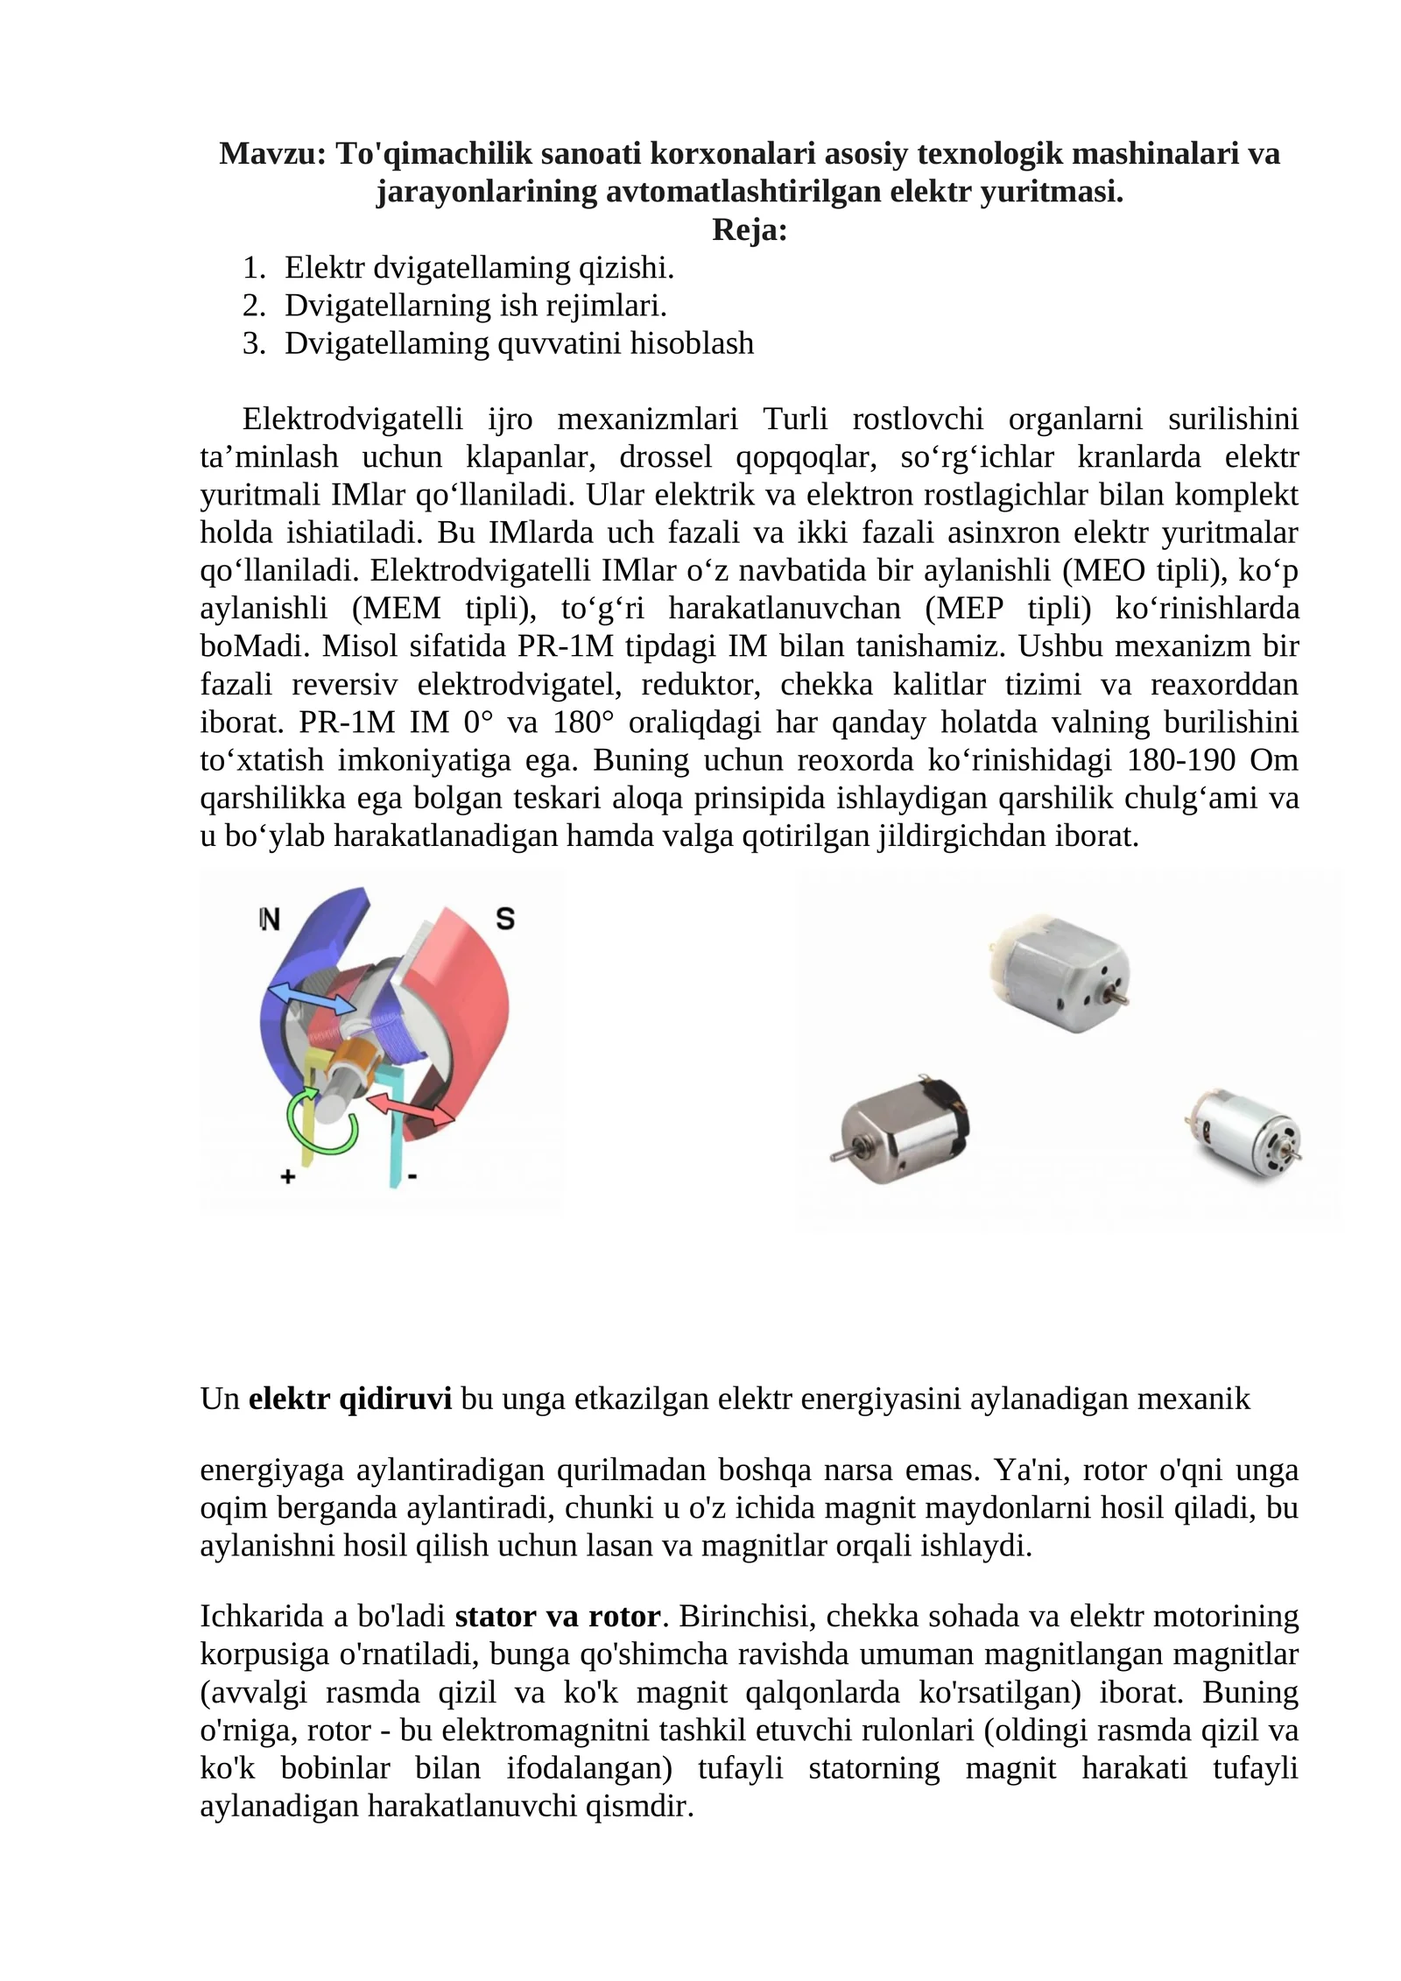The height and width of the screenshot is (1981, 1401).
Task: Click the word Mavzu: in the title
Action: coord(272,153)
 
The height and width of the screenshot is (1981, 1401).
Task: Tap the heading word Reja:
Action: coord(750,229)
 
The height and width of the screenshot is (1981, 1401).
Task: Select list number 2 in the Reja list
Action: coord(253,306)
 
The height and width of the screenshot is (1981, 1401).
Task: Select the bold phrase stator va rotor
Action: coord(558,1616)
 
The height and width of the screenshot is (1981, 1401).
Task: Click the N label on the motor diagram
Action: coord(270,920)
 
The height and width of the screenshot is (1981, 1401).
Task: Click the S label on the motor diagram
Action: coord(505,919)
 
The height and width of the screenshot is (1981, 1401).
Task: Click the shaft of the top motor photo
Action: coord(1118,996)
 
